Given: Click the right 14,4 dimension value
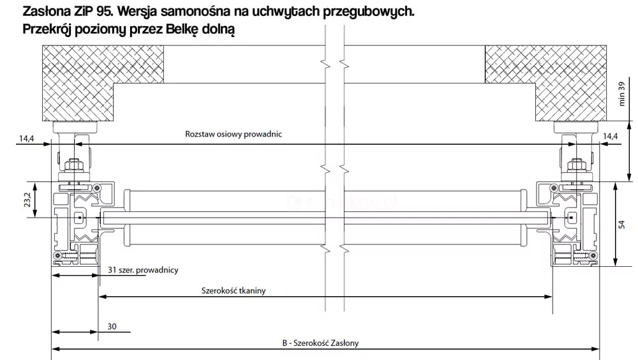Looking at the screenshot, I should (611, 136).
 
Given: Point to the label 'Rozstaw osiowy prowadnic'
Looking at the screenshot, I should (233, 135).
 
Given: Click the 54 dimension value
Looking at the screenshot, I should (623, 224).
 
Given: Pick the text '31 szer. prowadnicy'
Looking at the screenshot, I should (143, 270).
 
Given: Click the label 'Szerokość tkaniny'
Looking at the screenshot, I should (234, 290).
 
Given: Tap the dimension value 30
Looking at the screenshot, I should (112, 326).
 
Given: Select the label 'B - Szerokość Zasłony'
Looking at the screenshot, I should (320, 343).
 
